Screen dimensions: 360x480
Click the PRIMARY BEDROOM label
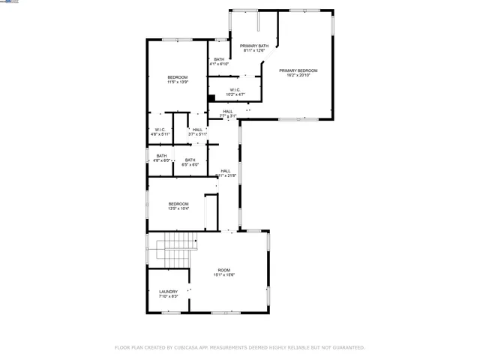[x=298, y=70]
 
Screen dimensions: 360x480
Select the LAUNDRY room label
[x=168, y=292]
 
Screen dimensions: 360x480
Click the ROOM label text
[x=224, y=270]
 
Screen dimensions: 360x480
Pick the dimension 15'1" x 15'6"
[x=224, y=275]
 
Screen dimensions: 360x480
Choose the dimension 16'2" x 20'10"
[x=298, y=75]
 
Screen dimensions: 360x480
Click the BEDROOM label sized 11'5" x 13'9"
[x=178, y=77]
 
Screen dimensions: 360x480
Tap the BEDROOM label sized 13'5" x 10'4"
[x=178, y=204]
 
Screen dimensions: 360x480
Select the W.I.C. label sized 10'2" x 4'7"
[x=235, y=90]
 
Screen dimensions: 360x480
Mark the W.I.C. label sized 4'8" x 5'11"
[x=160, y=130]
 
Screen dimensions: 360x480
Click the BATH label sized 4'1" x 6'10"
[x=219, y=59]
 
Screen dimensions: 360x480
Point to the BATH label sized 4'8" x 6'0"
[x=161, y=156]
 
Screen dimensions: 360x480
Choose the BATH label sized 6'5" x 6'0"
[x=190, y=160]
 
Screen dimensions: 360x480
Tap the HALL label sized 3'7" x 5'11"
[x=197, y=130]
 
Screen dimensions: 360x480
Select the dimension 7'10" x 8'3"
[x=168, y=297]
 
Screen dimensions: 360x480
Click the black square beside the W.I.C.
[x=211, y=96]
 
